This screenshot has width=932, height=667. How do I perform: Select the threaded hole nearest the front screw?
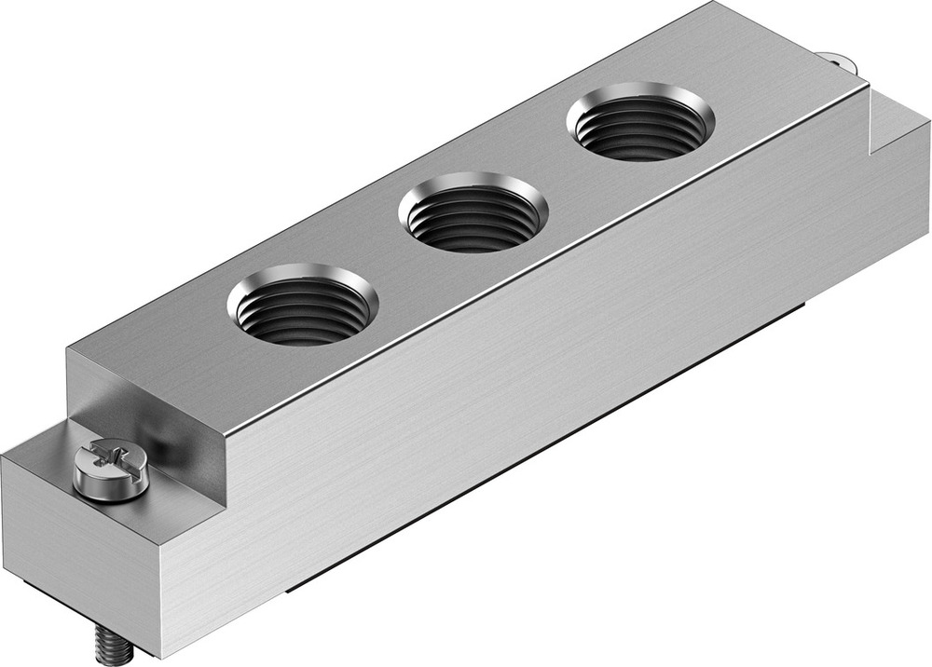point(303,306)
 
